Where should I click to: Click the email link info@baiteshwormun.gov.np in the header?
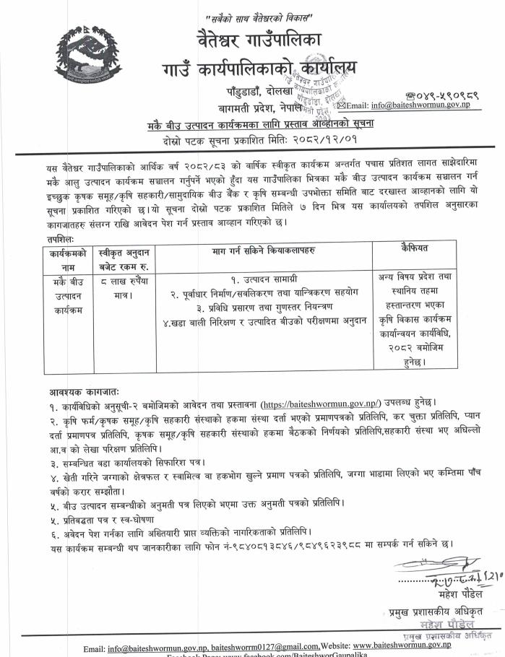[432, 106]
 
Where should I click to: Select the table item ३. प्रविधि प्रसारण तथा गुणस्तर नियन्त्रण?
[266, 306]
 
